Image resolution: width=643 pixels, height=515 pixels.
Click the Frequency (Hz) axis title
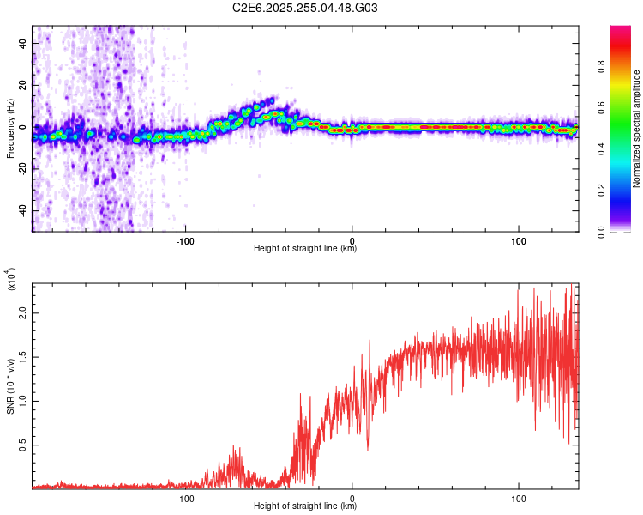click(x=10, y=129)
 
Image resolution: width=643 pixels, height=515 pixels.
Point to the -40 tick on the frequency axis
click(x=21, y=210)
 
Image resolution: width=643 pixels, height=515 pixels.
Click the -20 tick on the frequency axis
click(x=21, y=168)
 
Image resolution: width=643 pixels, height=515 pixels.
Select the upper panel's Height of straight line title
click(x=305, y=249)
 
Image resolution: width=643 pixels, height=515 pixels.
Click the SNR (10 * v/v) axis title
click(x=10, y=385)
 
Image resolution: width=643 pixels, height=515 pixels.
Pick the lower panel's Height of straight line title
click(x=305, y=506)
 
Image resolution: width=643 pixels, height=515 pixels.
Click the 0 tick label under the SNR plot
click(x=352, y=497)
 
